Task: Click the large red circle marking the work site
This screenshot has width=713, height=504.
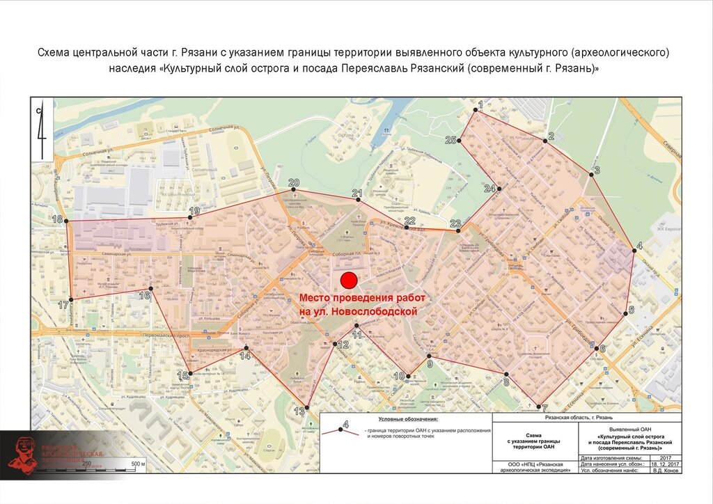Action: pos(349,280)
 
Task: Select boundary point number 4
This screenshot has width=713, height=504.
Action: pos(634,251)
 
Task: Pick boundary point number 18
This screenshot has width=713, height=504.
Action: pos(68,221)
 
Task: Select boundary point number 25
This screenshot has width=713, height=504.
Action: pos(460,141)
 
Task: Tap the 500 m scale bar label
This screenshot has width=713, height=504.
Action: pos(136,464)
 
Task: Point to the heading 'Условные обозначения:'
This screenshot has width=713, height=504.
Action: pos(407,420)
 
